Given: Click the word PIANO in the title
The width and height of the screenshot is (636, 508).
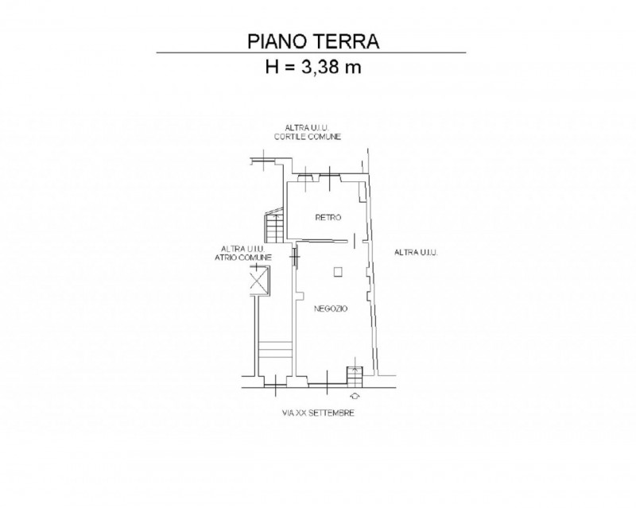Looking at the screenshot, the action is (276, 41).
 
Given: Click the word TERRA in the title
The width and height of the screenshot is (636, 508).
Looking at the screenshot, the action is (345, 41).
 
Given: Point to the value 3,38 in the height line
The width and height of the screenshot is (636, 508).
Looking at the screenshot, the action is (318, 67).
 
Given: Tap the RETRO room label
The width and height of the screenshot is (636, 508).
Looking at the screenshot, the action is (328, 218).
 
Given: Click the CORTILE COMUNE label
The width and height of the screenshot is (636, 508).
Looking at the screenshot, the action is (308, 137).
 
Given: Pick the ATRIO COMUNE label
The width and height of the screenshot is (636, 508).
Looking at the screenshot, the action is (243, 258).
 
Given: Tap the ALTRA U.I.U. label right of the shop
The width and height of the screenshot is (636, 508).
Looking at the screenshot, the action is (416, 252).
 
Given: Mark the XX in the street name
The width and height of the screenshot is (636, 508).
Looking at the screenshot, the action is (301, 413).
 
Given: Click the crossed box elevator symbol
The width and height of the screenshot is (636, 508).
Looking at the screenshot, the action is (258, 280).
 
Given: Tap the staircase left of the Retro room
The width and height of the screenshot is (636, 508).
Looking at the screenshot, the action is (274, 225).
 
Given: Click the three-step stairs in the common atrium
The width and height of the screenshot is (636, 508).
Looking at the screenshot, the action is (275, 350).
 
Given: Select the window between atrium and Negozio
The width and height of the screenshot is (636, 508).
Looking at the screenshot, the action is (295, 257).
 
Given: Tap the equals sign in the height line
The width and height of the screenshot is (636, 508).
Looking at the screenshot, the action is (289, 68).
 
